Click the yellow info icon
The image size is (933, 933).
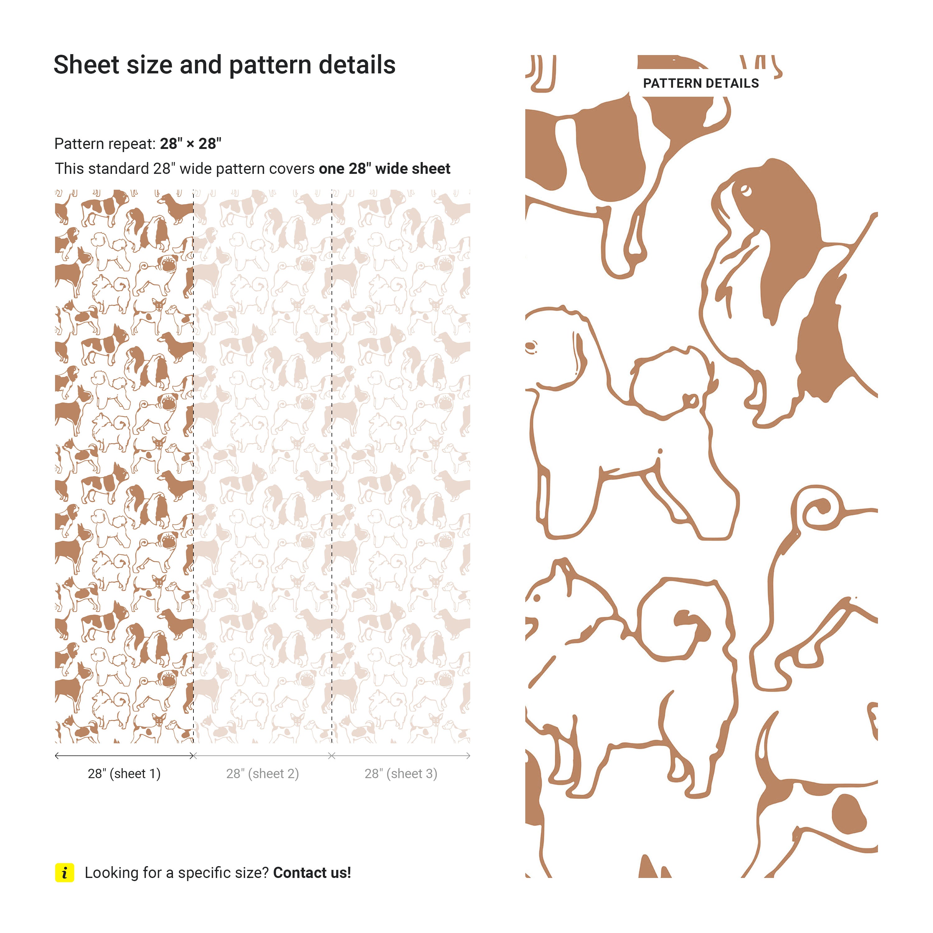[65, 873]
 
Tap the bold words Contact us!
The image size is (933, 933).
[312, 873]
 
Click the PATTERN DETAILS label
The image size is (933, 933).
[701, 84]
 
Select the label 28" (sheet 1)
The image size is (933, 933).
[124, 774]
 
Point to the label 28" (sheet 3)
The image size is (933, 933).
[401, 774]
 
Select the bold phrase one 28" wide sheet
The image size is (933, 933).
[384, 169]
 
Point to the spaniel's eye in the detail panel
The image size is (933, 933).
[746, 190]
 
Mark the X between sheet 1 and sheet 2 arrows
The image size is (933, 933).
[193, 756]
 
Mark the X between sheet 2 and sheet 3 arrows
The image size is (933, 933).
[332, 756]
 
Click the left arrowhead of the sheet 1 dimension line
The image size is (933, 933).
[57, 756]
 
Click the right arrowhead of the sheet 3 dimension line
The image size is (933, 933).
[468, 756]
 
